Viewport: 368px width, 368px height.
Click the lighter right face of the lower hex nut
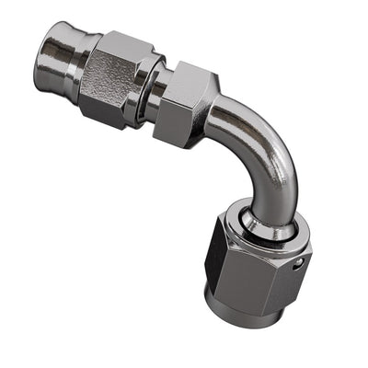point(276,276)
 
